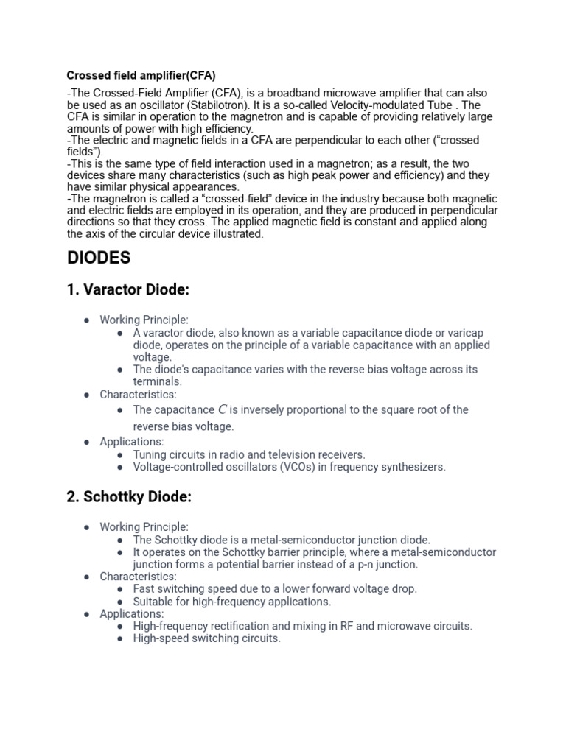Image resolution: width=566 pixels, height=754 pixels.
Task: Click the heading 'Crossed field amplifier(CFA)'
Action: [141, 75]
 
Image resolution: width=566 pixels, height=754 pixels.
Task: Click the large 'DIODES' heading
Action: [99, 258]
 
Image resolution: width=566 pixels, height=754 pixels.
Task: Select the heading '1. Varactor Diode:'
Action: [127, 290]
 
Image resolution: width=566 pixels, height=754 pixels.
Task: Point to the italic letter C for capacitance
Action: [222, 409]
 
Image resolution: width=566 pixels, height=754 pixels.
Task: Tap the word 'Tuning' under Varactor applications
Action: [150, 454]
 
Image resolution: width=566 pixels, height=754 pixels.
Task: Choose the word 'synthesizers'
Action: [411, 467]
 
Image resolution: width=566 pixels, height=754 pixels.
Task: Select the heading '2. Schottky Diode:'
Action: [129, 497]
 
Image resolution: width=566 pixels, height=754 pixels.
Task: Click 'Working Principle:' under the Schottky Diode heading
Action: [144, 526]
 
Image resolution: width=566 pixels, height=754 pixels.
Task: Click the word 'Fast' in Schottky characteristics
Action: [144, 588]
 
